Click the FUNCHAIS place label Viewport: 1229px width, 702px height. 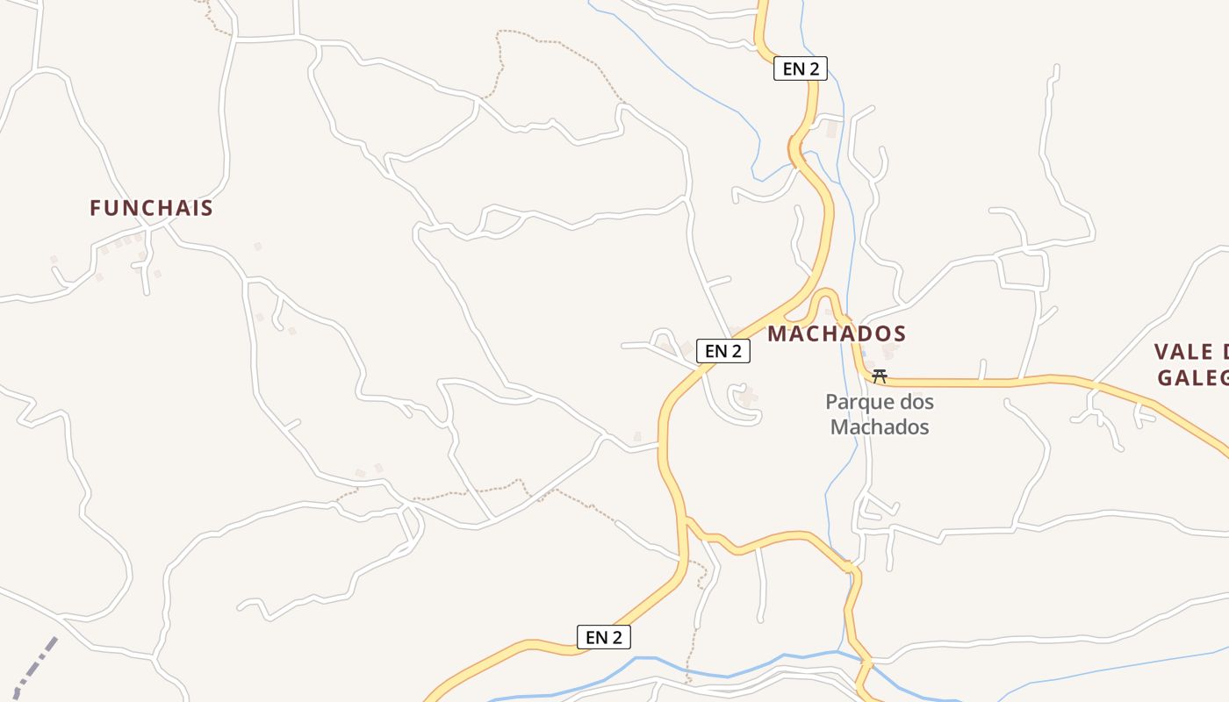[x=151, y=208]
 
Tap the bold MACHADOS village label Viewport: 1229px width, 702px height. [x=837, y=333]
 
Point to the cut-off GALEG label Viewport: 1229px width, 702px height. [x=1191, y=378]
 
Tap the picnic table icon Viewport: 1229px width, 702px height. [x=879, y=376]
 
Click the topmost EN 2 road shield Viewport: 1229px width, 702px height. [x=800, y=68]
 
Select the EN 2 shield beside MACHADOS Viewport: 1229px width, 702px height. [x=723, y=351]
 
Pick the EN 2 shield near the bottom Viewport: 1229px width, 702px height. [x=604, y=637]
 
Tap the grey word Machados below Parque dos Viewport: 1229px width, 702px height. [x=879, y=427]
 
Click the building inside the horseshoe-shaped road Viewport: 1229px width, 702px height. [x=748, y=398]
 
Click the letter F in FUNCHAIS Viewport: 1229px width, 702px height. [x=96, y=208]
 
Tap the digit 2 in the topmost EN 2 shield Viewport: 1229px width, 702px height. [x=814, y=68]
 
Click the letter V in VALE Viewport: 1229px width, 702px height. [x=1161, y=352]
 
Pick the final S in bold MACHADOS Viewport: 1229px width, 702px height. [x=899, y=333]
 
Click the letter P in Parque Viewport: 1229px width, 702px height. [x=831, y=403]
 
